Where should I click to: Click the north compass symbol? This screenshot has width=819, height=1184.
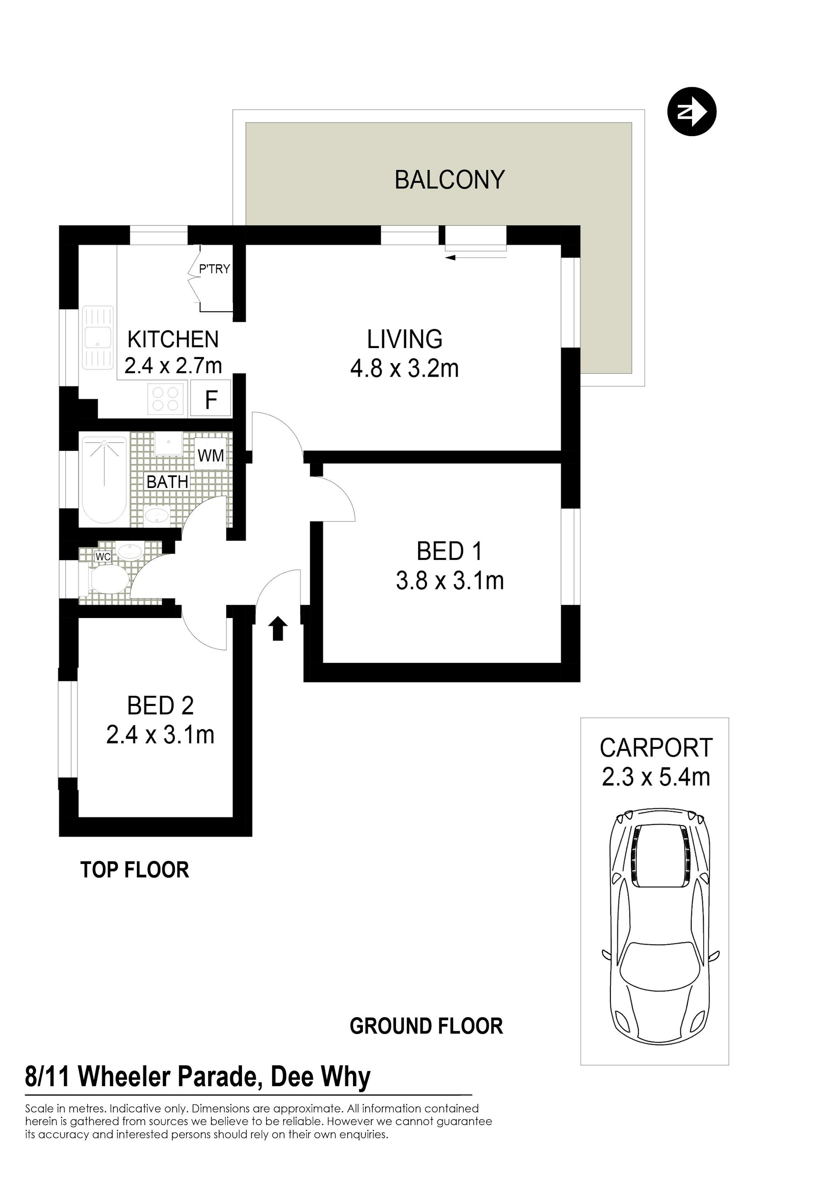pyautogui.click(x=691, y=111)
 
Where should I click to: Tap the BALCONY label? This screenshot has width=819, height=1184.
pyautogui.click(x=450, y=180)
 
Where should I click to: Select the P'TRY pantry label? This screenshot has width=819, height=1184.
pyautogui.click(x=215, y=269)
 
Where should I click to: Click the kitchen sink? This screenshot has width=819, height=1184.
pyautogui.click(x=97, y=337)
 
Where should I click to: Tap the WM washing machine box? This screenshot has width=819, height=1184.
pyautogui.click(x=210, y=455)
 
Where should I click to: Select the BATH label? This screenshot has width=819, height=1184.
pyautogui.click(x=167, y=482)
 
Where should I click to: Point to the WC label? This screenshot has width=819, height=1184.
pyautogui.click(x=103, y=557)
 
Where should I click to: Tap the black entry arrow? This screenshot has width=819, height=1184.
pyautogui.click(x=278, y=629)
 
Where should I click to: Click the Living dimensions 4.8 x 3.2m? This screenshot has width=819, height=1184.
pyautogui.click(x=404, y=369)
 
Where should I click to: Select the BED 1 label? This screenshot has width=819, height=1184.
pyautogui.click(x=450, y=552)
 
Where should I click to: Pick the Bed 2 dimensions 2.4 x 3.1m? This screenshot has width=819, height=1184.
pyautogui.click(x=160, y=735)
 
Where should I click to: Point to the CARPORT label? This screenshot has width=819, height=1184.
pyautogui.click(x=656, y=748)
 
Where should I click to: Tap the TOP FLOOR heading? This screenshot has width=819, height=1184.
pyautogui.click(x=135, y=870)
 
